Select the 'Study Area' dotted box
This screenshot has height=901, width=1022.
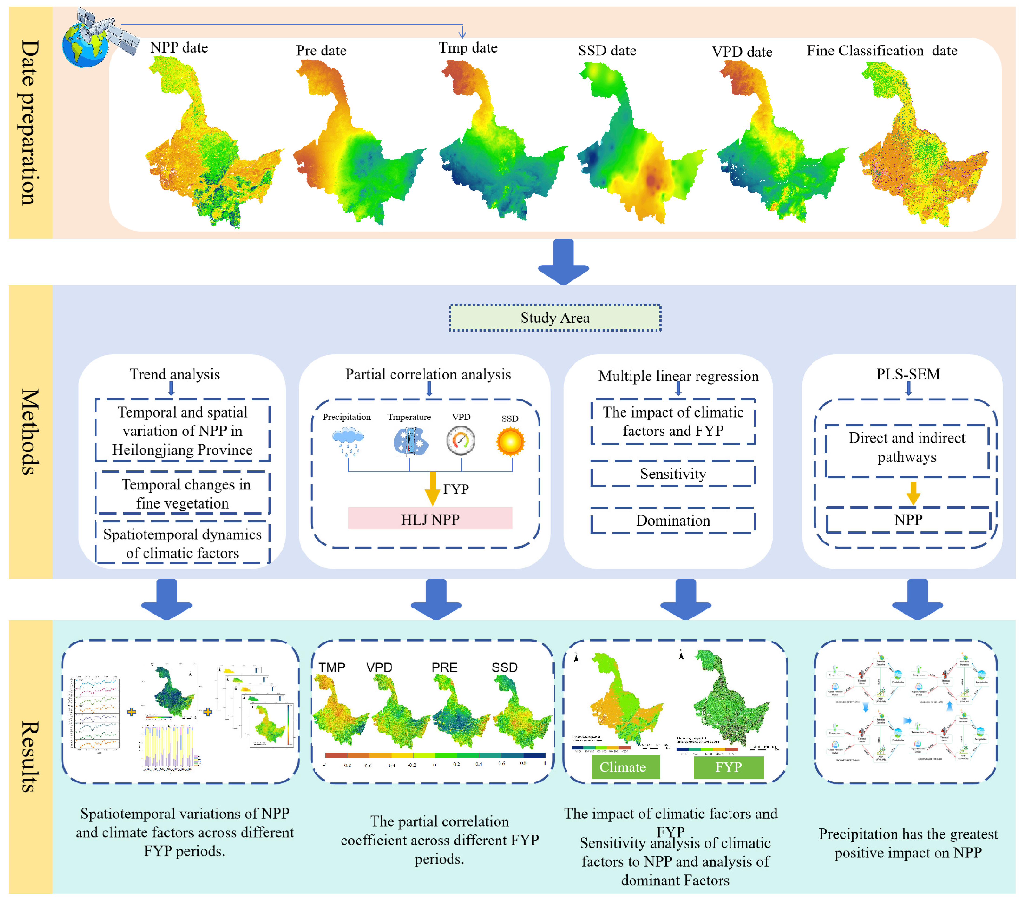555,318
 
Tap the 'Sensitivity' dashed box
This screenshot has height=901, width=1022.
673,474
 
